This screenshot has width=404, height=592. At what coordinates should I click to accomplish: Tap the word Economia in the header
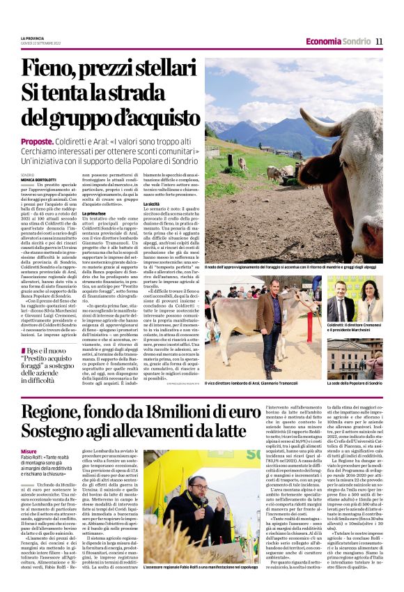tap(323, 41)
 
